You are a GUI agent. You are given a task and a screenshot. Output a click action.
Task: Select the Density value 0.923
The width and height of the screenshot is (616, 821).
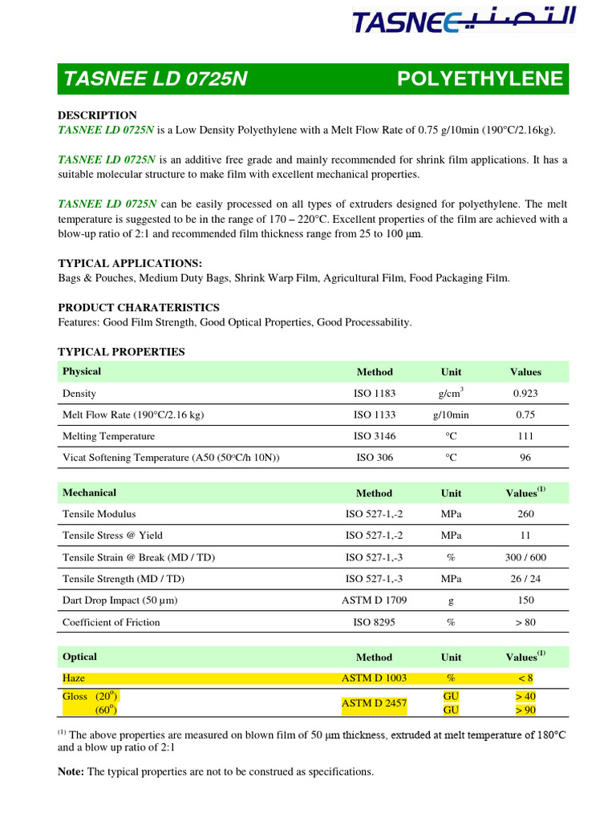(525, 394)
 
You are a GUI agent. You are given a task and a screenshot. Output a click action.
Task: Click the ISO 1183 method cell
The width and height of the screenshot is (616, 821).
(375, 394)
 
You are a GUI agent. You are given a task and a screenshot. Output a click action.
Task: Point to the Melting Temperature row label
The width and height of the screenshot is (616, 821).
(109, 436)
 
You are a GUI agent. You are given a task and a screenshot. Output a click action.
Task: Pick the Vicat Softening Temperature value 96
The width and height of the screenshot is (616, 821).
(525, 458)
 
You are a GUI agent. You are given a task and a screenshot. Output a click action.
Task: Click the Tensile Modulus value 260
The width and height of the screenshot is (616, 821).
(525, 514)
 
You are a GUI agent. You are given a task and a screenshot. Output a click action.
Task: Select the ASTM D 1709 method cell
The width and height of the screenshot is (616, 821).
(375, 601)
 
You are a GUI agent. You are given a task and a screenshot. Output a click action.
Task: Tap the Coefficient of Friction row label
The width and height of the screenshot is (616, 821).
(111, 622)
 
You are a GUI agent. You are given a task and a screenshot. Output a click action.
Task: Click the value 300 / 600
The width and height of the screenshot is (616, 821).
(525, 557)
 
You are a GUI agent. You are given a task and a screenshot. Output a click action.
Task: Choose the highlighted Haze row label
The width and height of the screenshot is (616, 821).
(74, 678)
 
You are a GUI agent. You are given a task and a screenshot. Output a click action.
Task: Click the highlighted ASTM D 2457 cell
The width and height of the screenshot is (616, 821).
(375, 703)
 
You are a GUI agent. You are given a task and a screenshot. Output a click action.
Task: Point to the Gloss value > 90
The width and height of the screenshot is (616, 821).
(525, 710)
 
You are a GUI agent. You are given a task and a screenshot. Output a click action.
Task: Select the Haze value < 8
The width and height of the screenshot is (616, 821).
(525, 678)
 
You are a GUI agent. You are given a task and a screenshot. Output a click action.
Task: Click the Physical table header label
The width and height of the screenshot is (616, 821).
(82, 371)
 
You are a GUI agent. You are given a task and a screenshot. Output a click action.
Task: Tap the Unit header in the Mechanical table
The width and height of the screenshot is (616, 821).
(451, 493)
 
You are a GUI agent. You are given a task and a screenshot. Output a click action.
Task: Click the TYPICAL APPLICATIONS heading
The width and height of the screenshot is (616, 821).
(130, 264)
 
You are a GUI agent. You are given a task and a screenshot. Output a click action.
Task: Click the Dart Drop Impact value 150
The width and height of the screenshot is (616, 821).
(525, 601)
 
